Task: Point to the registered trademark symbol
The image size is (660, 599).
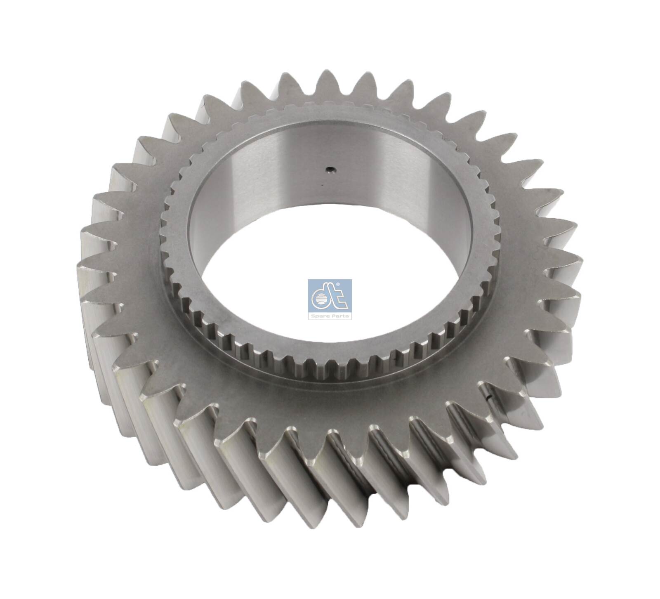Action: pos(338,284)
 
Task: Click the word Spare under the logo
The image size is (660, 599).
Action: pos(320,316)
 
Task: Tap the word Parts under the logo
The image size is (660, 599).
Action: pos(340,316)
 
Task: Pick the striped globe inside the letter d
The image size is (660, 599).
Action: pos(321,299)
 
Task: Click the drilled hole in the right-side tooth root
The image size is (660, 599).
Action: pos(489,398)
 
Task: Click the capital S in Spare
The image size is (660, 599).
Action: pos(312,316)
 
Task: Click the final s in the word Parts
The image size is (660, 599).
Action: pos(347,316)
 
